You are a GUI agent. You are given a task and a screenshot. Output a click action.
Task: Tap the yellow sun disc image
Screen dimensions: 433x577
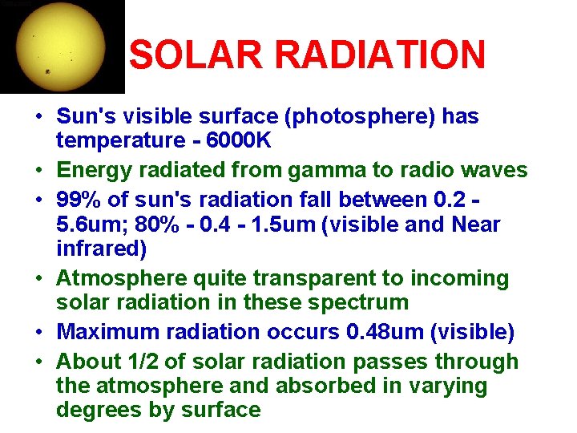click(61, 46)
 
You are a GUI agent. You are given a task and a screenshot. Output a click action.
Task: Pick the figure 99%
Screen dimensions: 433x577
click(80, 198)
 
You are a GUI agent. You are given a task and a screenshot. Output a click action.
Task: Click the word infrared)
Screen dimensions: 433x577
click(102, 249)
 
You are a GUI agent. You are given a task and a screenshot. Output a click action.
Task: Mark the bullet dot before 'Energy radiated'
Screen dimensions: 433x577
click(38, 171)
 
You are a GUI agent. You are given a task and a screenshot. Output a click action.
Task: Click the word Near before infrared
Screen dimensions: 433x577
click(476, 225)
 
